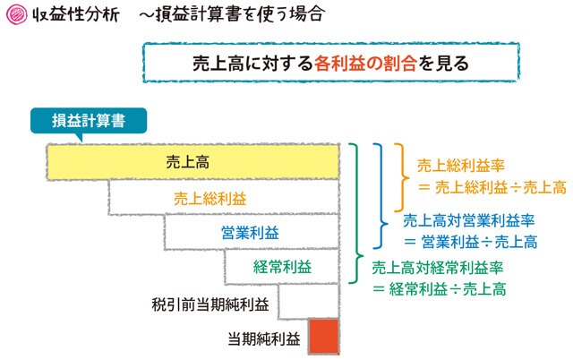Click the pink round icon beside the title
pos(17,14)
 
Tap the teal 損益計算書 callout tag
pos(89,121)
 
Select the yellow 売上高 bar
pos(193,162)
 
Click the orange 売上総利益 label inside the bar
pos(210,199)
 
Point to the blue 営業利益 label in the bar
pos(251,233)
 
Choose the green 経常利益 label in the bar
pos(283,267)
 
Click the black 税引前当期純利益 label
pos(210,304)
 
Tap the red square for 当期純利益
pos(324,336)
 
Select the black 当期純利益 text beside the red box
pos(264,339)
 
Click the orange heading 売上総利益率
pos(461,166)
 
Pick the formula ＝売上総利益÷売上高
pos(492,188)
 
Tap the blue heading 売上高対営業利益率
pos(469,220)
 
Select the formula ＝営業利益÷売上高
pos(471,242)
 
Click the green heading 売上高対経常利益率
pos(438,268)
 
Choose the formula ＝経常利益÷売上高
pos(440,289)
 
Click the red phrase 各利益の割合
pos(365,64)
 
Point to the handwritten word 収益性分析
pos(76,14)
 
